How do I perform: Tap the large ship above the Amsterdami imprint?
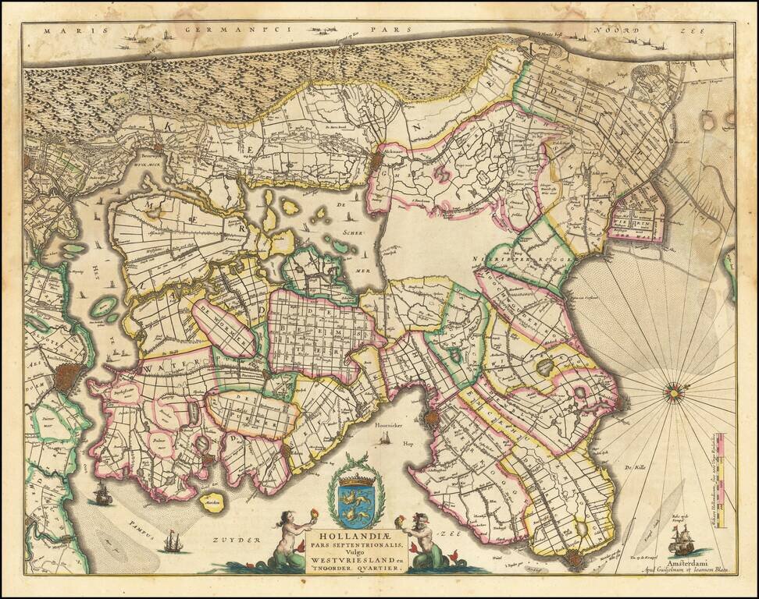tap(679, 539)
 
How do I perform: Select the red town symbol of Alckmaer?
tap(377, 160)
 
